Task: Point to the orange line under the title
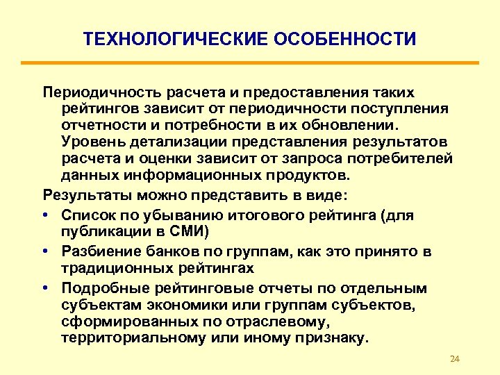[x=249, y=63]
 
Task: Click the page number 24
[x=456, y=358]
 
